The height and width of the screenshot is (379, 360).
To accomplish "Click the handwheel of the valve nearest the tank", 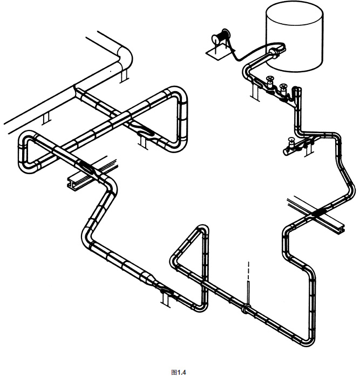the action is pos(269,79).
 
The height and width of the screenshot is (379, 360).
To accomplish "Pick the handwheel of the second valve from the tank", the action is pos(283,86).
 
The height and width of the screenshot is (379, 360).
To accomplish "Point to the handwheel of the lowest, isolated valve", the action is pos(291,140).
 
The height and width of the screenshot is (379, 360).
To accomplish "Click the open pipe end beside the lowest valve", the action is pos(286,152).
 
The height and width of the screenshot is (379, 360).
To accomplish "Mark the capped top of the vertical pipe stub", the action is pos(297,89).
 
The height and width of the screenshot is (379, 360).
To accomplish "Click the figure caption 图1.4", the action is pos(179,372).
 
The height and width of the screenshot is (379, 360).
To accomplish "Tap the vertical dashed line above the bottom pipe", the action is pos(248,270).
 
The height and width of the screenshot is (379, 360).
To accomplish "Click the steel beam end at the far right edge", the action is pos(341,229).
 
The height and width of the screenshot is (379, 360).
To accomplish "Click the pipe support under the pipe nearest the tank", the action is pos(255,92).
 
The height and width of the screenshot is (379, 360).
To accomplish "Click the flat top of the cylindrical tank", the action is pos(294,13).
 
